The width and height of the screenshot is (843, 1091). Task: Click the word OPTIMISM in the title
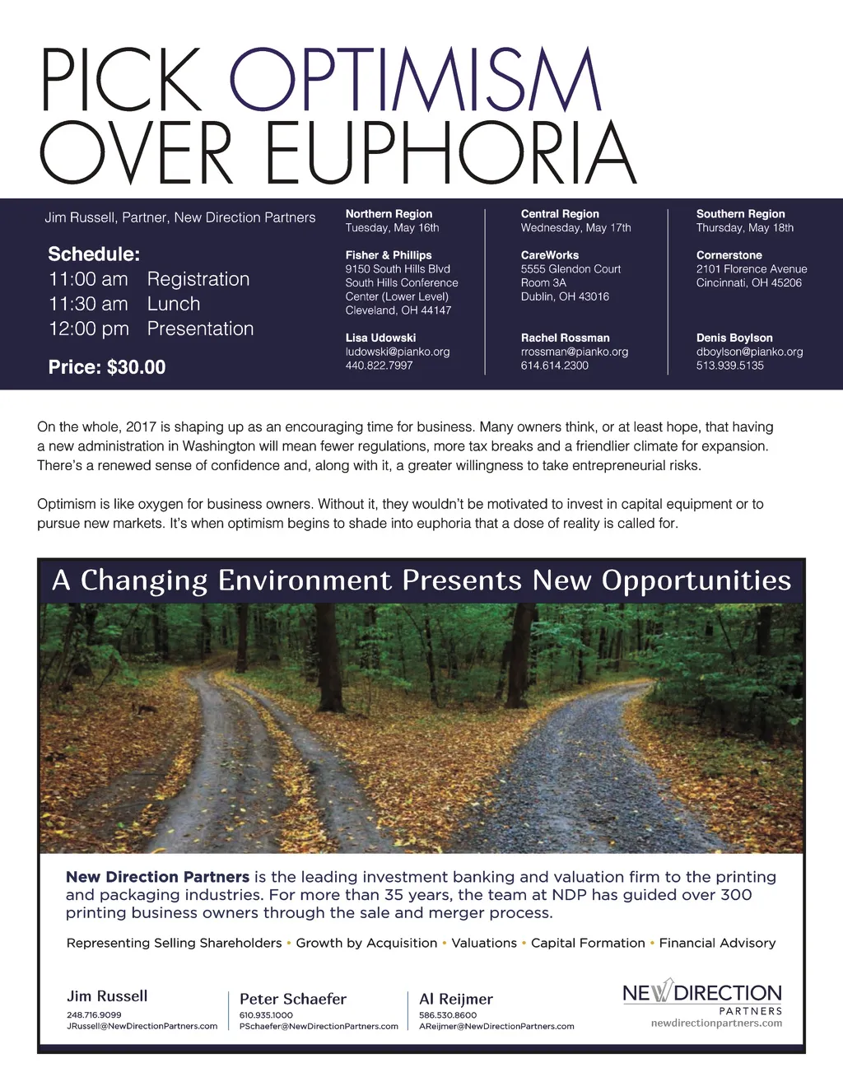[416, 80]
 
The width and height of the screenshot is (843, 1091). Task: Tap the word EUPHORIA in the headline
[450, 153]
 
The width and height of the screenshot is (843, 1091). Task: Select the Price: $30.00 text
[107, 367]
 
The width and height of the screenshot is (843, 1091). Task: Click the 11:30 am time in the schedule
[88, 304]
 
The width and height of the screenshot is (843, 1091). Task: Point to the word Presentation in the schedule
[200, 329]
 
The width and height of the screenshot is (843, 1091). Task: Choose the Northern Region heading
[389, 214]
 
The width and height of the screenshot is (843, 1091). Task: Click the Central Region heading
[560, 214]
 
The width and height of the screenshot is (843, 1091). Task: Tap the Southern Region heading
[740, 214]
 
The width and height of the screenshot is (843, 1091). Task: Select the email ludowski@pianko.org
[398, 352]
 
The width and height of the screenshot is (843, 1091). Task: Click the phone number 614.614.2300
[554, 366]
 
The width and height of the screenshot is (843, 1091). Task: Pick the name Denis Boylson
[734, 338]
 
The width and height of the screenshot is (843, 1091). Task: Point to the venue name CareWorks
[549, 255]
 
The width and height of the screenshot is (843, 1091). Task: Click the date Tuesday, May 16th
[392, 228]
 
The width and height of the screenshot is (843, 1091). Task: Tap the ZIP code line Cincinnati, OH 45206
[748, 282]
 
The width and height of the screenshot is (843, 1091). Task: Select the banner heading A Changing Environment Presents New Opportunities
[421, 580]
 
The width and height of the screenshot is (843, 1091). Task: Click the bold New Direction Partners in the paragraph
[157, 877]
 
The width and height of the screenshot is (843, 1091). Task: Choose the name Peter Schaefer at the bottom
[293, 999]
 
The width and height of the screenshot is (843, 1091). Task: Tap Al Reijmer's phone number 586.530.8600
[448, 1015]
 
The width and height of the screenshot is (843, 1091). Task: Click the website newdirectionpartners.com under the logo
[716, 1023]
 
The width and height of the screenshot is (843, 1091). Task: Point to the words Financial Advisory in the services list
[717, 943]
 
